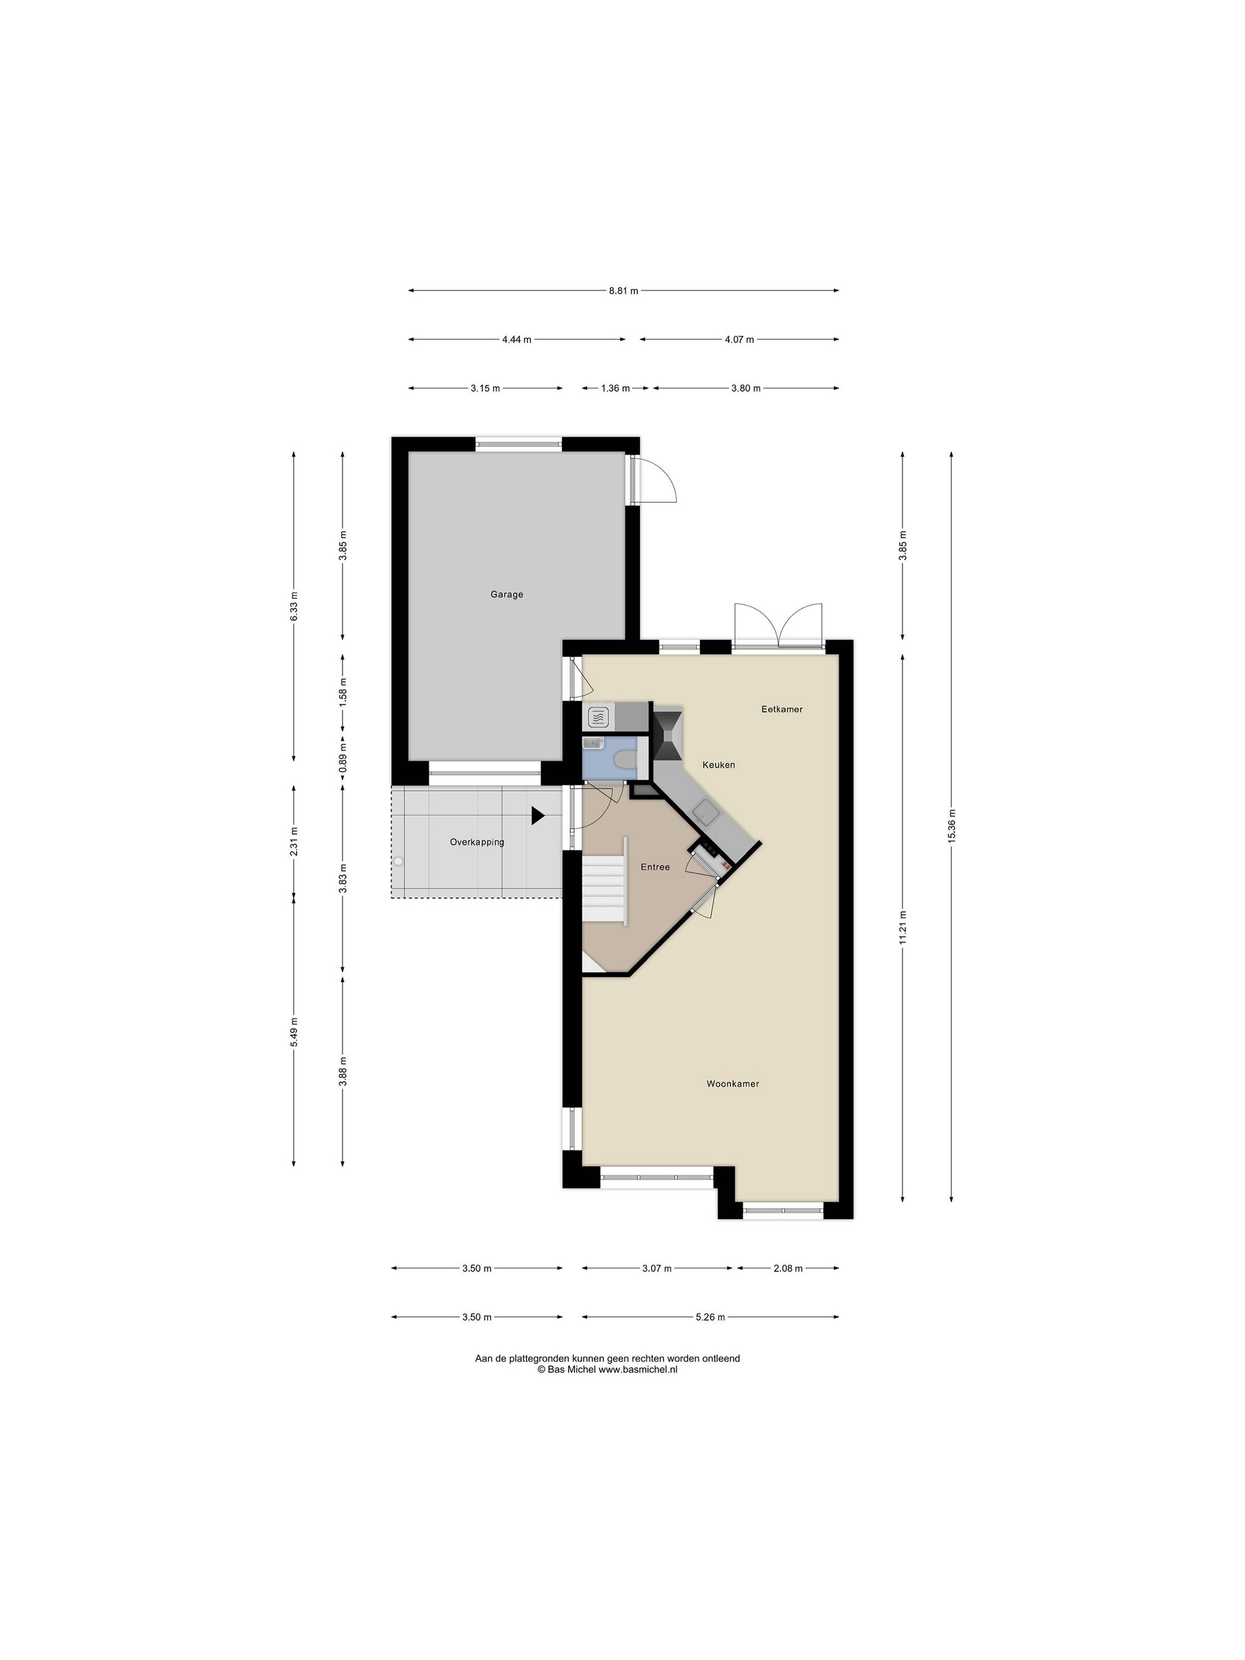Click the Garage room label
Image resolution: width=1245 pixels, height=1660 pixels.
[506, 594]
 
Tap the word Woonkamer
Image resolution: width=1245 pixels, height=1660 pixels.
[732, 1084]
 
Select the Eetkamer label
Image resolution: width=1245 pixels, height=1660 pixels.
[782, 709]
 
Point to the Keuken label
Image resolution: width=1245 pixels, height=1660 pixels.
[718, 765]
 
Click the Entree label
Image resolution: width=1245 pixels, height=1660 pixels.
[655, 867]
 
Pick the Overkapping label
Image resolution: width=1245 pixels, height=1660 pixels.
[477, 842]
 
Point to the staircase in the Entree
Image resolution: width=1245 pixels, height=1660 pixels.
[604, 892]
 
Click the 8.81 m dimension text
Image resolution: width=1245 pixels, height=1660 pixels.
[623, 290]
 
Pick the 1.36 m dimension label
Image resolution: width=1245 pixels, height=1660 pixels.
[615, 388]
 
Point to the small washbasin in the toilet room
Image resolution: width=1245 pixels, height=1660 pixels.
[593, 743]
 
